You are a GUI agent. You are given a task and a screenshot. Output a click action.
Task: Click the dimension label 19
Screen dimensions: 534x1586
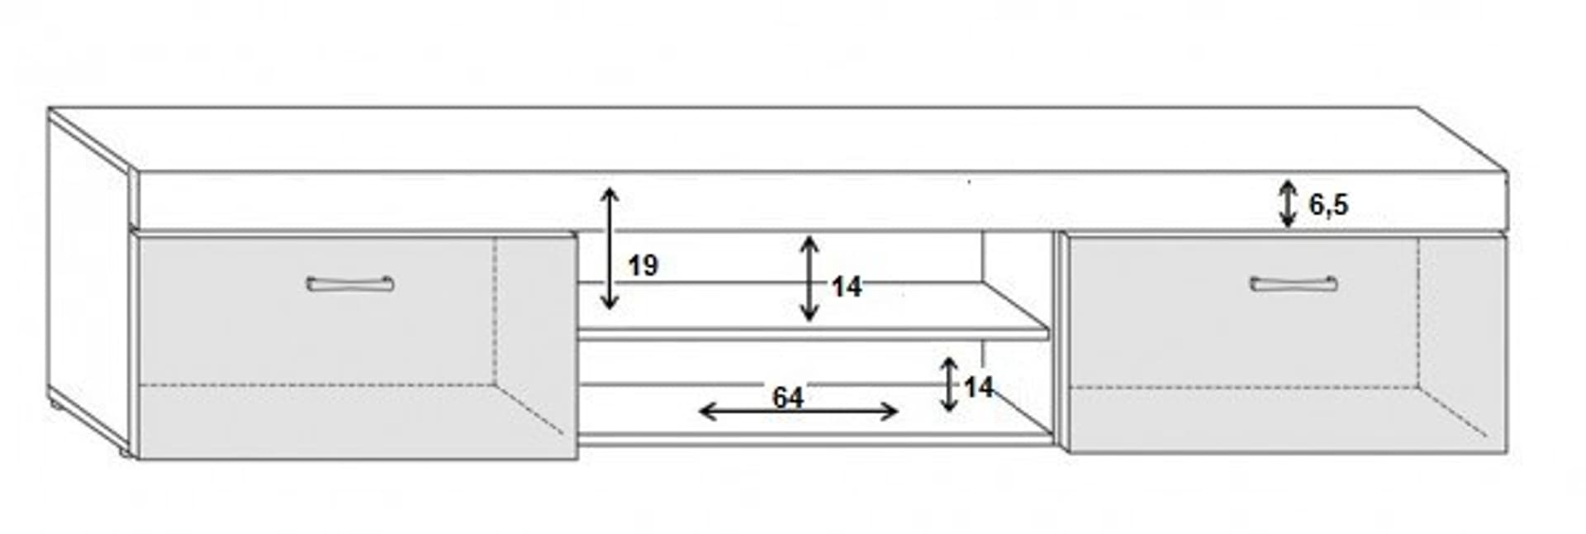643,266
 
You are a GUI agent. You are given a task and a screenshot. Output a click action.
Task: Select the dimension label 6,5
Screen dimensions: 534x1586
1328,203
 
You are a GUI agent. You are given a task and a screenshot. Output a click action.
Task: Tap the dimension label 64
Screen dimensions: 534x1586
787,398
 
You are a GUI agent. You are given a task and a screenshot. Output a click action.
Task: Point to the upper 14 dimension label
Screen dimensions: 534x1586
846,287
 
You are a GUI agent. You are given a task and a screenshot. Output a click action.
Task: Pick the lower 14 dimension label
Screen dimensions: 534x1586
978,387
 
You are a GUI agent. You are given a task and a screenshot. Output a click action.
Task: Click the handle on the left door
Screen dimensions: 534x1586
349,284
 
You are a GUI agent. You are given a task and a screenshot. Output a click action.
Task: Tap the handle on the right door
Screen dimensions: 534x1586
1293,284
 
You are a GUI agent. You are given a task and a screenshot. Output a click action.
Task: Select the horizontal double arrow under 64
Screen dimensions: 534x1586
798,412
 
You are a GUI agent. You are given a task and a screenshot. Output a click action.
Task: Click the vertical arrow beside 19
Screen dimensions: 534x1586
610,249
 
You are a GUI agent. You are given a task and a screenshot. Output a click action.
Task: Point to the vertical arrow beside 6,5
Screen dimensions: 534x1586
1288,203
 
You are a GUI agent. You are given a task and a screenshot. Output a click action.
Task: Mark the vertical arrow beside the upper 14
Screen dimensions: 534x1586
810,279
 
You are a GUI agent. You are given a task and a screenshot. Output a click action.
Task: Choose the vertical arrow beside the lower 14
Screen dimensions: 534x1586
949,384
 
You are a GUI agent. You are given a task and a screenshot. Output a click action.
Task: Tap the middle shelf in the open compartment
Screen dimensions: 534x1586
814,333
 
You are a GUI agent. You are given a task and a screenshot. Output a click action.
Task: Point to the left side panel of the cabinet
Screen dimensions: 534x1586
87,281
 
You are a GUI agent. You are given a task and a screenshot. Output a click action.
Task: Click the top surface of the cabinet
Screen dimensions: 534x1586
776,139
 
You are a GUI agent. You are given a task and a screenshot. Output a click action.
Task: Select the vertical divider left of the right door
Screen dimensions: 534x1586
1058,339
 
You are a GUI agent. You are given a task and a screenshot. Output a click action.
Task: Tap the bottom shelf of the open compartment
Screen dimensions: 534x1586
814,437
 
